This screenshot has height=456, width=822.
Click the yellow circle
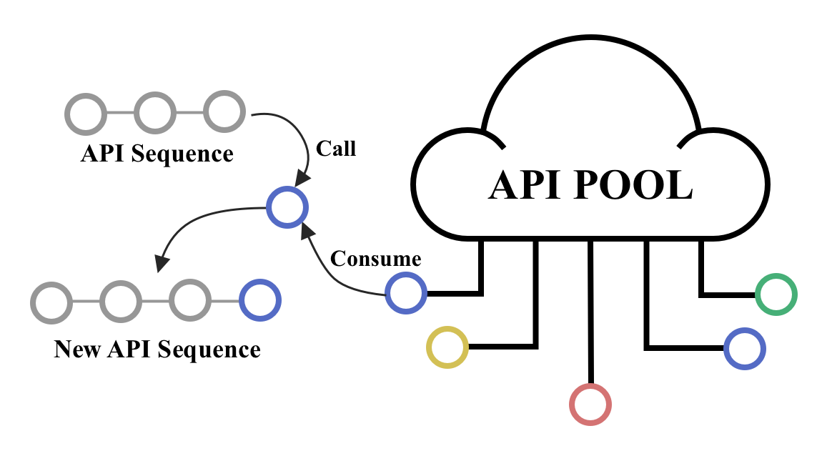pyautogui.click(x=447, y=347)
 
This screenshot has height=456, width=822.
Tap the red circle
pyautogui.click(x=590, y=405)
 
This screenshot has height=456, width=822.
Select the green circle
pyautogui.click(x=776, y=294)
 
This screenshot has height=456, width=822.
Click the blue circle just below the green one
pyautogui.click(x=745, y=349)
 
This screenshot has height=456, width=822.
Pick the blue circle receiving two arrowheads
pyautogui.click(x=287, y=207)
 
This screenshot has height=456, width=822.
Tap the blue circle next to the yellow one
pyautogui.click(x=406, y=293)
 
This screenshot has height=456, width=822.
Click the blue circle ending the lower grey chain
pyautogui.click(x=260, y=300)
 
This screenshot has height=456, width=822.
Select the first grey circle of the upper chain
pyautogui.click(x=86, y=114)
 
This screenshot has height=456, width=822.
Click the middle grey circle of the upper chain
pyautogui.click(x=155, y=112)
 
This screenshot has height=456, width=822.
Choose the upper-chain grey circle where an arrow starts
pyautogui.click(x=224, y=111)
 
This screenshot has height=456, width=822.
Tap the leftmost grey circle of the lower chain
pyautogui.click(x=51, y=302)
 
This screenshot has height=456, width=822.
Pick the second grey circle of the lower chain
pyautogui.click(x=121, y=302)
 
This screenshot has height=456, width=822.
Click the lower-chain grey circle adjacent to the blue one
pyautogui.click(x=190, y=300)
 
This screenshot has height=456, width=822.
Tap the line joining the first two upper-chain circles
pyautogui.click(x=120, y=113)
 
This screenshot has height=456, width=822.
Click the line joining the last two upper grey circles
pyautogui.click(x=189, y=112)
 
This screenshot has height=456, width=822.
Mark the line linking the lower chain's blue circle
pyautogui.click(x=225, y=301)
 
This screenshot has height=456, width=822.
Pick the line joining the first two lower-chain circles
pyautogui.click(x=86, y=302)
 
